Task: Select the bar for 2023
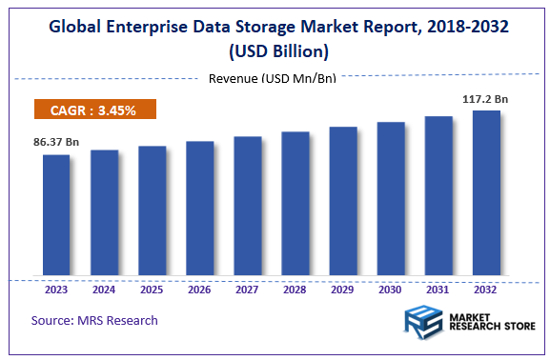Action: [x=56, y=215]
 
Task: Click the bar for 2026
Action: [x=199, y=209]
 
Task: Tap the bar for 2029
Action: [x=343, y=201]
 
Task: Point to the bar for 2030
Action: [x=391, y=199]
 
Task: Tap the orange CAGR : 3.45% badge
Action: [x=94, y=110]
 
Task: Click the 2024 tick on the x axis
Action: [x=104, y=290]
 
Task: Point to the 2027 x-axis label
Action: [x=247, y=290]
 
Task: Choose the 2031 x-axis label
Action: [x=438, y=290]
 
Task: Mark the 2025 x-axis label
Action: [x=152, y=290]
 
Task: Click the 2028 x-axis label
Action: [x=295, y=290]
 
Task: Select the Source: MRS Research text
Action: [x=94, y=320]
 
